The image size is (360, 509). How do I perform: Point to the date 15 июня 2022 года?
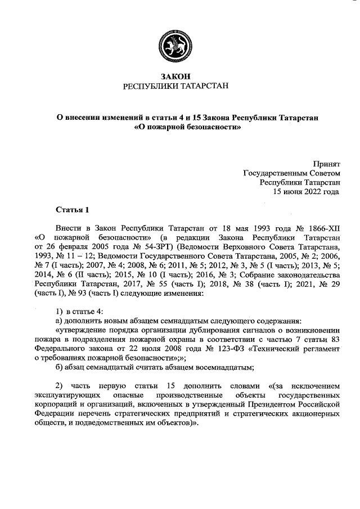(x=307, y=191)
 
